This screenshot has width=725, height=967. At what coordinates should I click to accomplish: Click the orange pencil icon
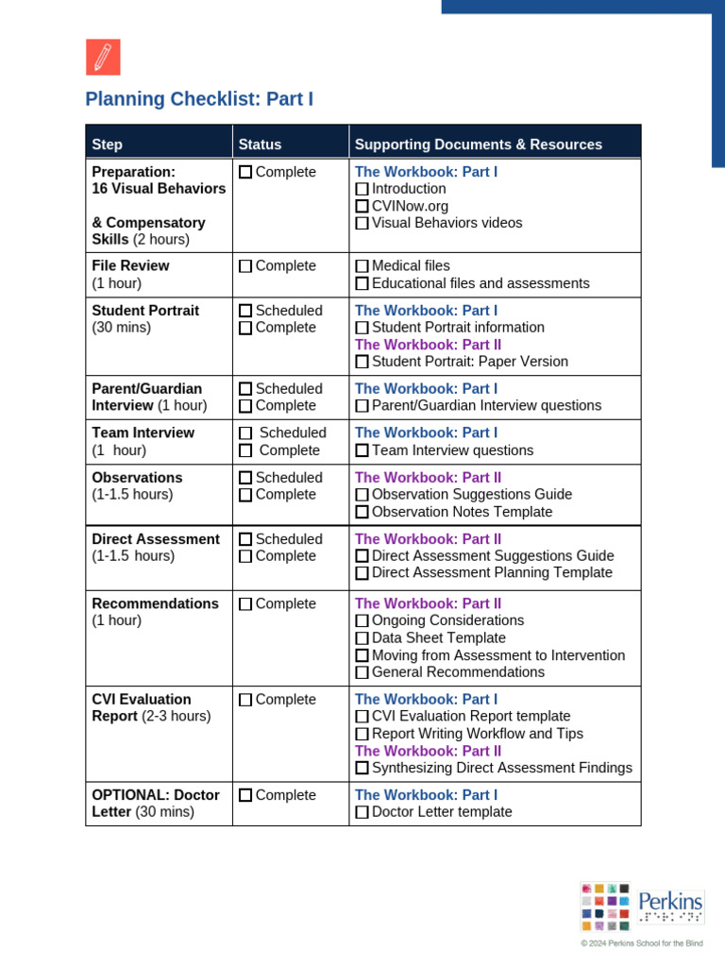coord(103,58)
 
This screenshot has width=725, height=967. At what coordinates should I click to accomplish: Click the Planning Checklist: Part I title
coord(199,99)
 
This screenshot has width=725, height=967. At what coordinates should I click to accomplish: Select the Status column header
coord(260,144)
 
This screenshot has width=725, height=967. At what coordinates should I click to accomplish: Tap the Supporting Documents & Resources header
coord(478,144)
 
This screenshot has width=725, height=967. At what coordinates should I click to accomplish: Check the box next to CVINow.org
coord(362,207)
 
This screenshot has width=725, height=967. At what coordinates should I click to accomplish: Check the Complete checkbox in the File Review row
coord(245,266)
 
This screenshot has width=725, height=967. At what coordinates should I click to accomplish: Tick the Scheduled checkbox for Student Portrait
coord(245,311)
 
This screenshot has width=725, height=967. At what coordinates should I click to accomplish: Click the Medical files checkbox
coord(362,266)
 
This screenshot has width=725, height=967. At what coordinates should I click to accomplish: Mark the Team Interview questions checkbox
coord(362,451)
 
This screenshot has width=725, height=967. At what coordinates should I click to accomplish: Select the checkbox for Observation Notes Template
coord(362,513)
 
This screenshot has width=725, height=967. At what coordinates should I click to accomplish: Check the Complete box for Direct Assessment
coord(245,557)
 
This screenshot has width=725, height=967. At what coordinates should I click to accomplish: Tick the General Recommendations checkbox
coord(362,673)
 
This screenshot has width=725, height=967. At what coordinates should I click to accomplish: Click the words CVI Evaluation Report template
coord(471,717)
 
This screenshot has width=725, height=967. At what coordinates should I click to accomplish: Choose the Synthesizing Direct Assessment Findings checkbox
coord(362,769)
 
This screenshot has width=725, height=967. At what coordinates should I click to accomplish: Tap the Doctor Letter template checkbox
coord(362,813)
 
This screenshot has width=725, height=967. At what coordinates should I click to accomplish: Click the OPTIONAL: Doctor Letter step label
coord(155,804)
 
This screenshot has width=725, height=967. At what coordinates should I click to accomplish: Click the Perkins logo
coord(642,907)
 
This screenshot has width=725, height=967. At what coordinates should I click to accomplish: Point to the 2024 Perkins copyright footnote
coord(642,943)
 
